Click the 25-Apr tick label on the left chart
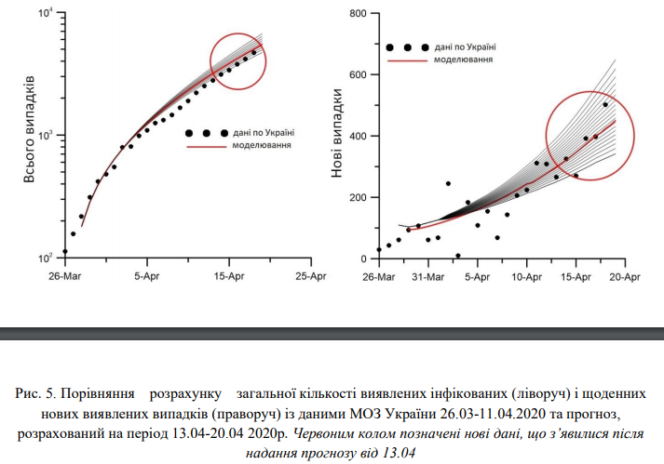tap(310, 276)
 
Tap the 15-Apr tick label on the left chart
tap(228, 276)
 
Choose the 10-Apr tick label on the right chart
tap(526, 276)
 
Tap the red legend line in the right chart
tap(406, 60)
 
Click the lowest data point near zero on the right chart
tap(457, 256)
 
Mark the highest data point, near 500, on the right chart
tap(605, 105)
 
